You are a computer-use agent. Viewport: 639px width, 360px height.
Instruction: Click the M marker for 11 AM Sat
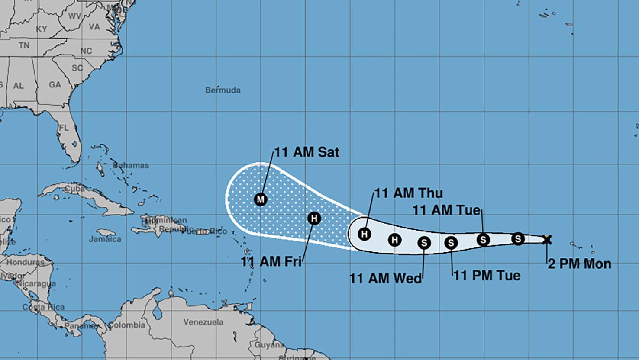260,199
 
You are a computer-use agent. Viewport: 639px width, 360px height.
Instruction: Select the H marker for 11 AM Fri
314,219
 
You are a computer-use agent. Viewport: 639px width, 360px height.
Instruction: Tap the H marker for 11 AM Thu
365,234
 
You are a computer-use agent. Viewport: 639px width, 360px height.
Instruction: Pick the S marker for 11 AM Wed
424,243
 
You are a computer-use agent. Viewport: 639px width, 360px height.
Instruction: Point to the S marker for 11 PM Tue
451,243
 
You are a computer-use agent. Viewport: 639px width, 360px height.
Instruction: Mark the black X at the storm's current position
547,239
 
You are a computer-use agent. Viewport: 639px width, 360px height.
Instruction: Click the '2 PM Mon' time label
579,264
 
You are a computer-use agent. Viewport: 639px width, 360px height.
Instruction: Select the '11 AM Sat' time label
307,152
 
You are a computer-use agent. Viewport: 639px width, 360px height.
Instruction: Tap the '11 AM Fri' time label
271,261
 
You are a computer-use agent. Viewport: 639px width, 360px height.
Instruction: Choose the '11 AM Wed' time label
385,278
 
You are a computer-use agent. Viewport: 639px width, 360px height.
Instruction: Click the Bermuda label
223,90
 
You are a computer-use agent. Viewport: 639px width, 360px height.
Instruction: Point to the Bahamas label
131,165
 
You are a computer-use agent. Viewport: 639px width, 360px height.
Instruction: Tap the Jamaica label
105,239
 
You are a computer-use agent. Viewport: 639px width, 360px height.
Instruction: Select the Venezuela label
203,322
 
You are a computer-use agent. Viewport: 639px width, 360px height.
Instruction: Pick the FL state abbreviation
64,128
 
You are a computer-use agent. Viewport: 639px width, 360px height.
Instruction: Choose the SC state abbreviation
77,68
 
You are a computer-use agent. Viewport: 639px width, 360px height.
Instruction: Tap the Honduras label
25,263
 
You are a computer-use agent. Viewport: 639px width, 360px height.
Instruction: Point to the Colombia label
126,325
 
